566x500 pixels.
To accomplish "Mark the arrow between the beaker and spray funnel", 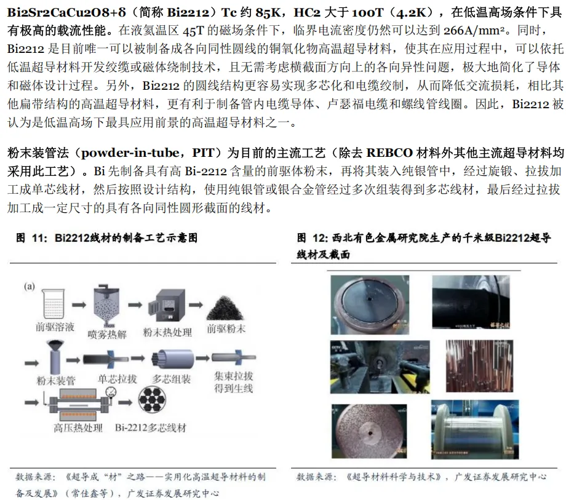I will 76,304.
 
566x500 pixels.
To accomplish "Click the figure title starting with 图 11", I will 106,237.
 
